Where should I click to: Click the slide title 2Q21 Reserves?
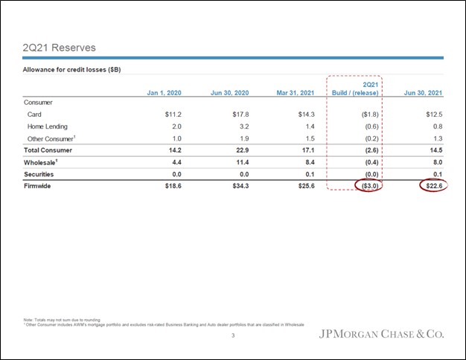[60, 48]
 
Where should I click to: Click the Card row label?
[34, 115]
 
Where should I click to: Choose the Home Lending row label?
[47, 126]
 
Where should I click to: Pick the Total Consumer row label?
[50, 150]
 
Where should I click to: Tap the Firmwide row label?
[40, 186]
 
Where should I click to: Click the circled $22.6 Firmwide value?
[433, 186]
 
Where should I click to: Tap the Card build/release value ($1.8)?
[367, 115]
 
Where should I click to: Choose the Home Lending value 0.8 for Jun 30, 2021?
[437, 126]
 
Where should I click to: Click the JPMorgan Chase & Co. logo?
[382, 333]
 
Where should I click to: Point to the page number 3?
[232, 337]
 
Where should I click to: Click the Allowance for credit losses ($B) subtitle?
[72, 70]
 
